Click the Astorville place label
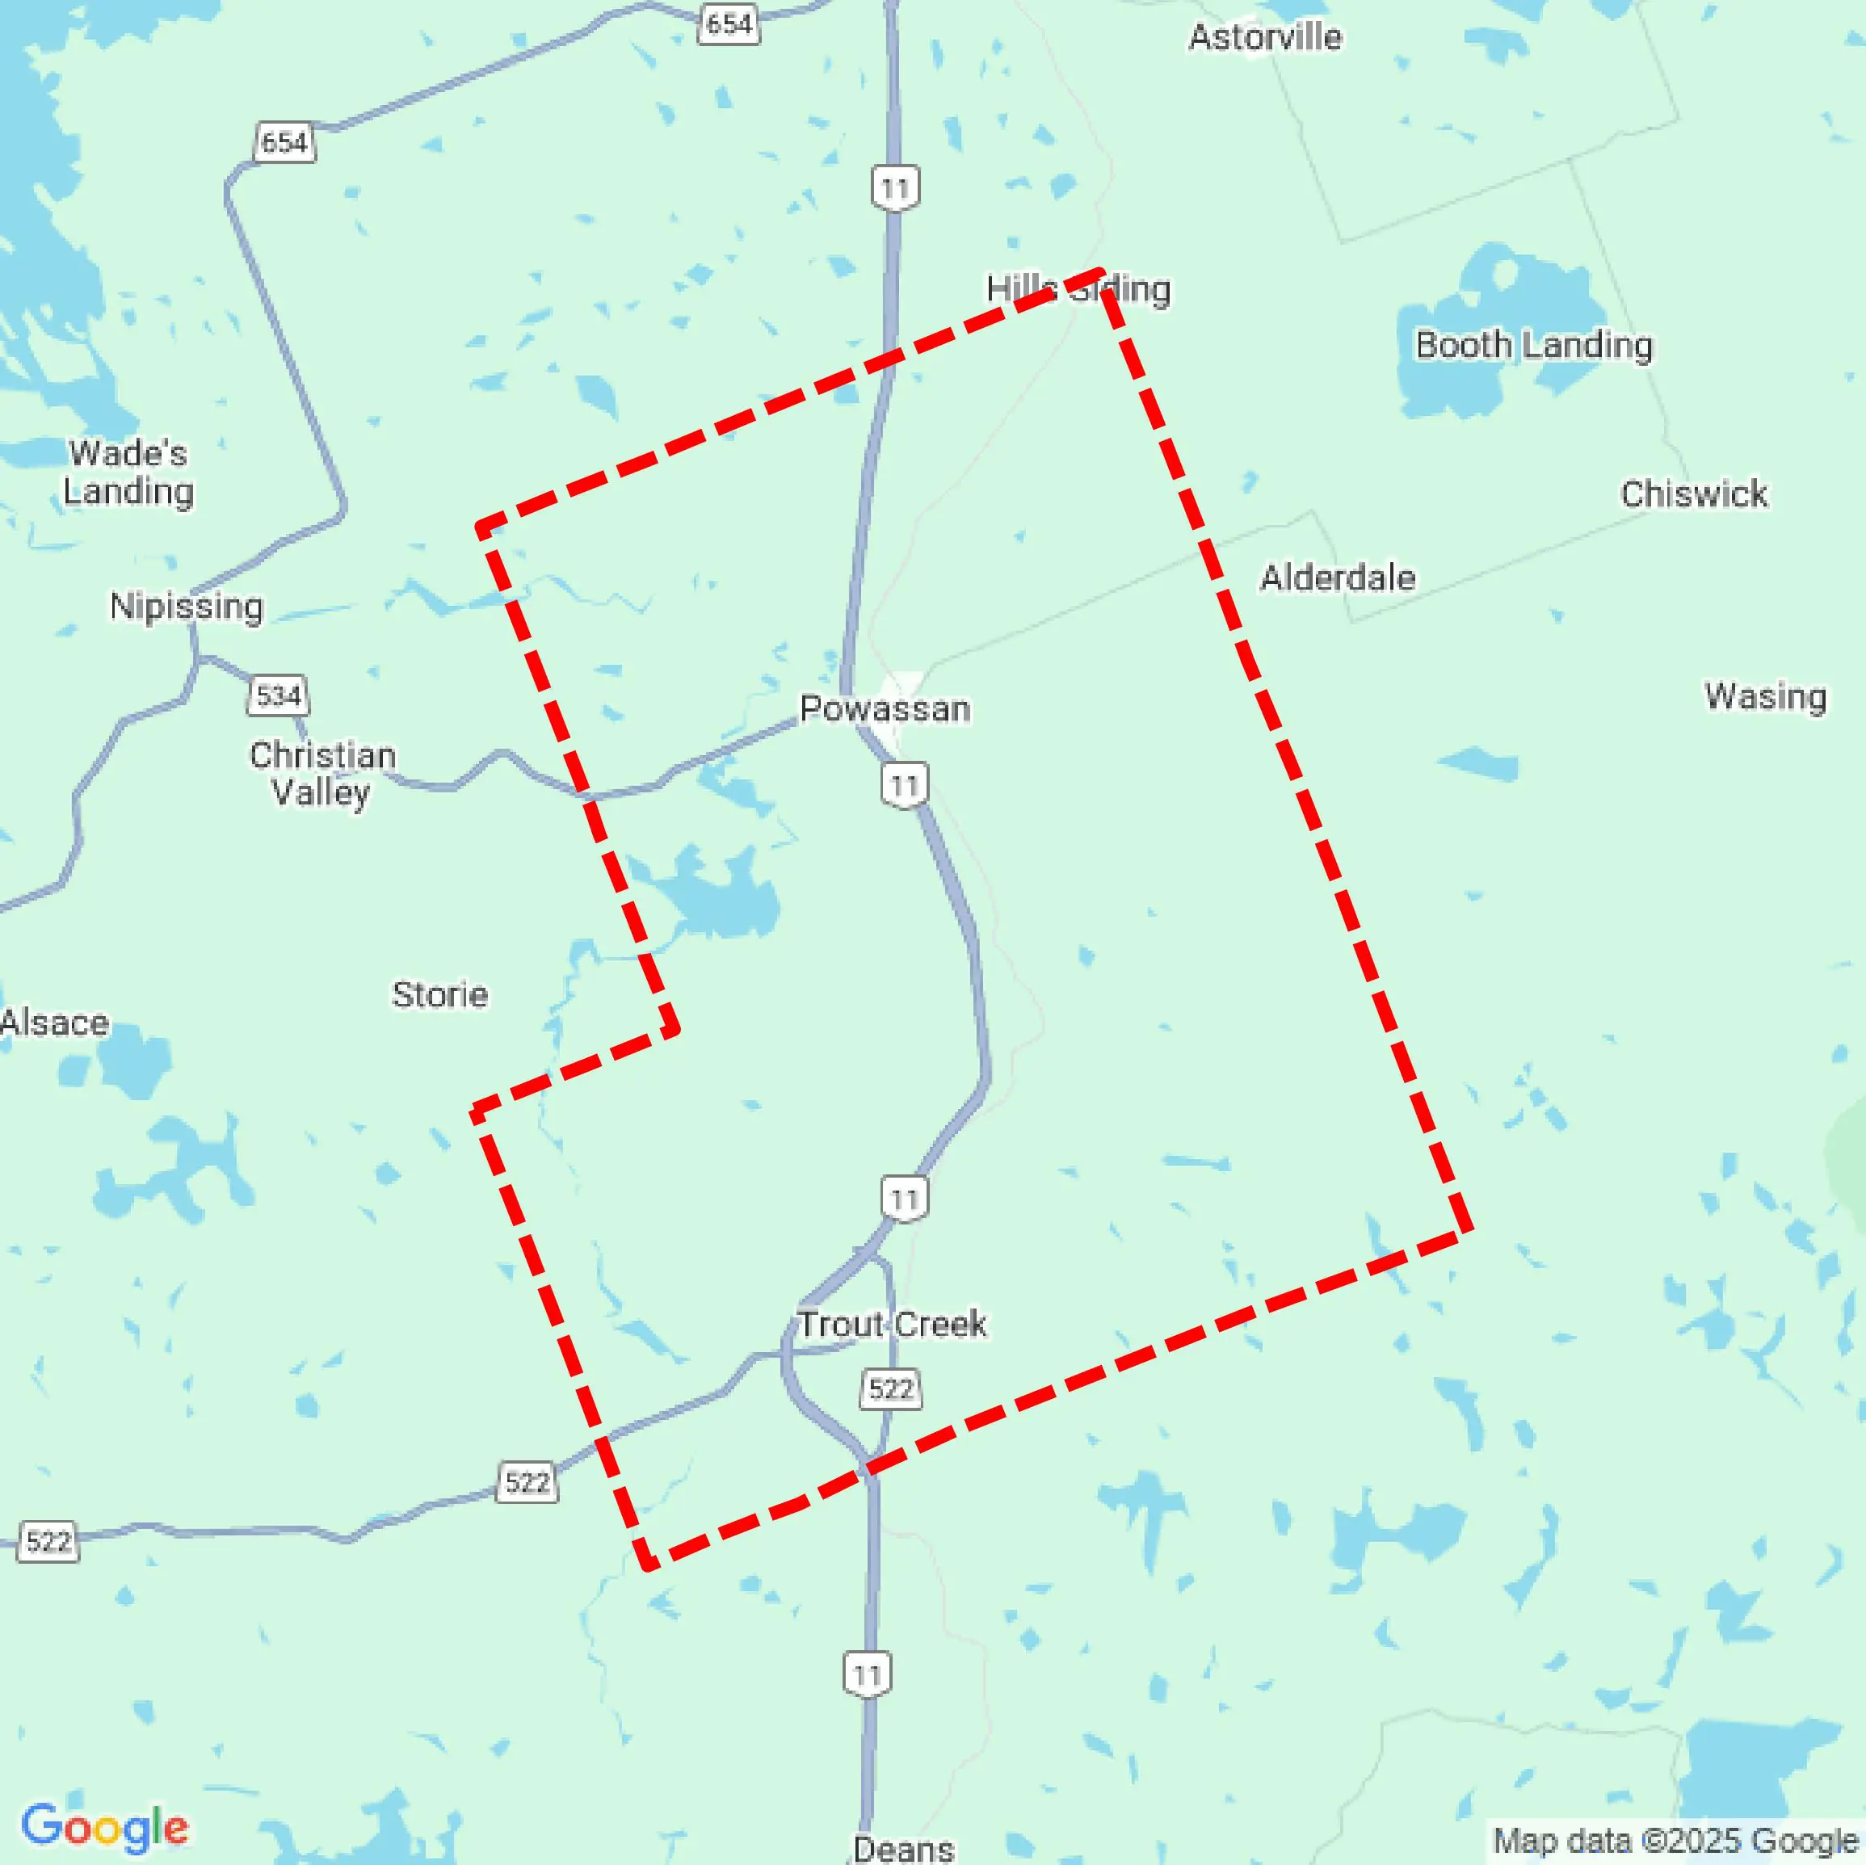1264,38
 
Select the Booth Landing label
1534,345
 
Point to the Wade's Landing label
128,473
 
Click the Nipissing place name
187,607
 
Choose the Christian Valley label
322,774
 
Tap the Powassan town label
885,709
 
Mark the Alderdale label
1338,578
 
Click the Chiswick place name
1694,494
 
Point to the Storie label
439,995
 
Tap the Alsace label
54,1023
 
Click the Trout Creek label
892,1324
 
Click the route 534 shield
278,695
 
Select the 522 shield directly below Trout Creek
890,1388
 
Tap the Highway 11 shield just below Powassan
905,785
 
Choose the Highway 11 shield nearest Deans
866,1674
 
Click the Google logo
104,1827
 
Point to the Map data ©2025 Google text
1675,1841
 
